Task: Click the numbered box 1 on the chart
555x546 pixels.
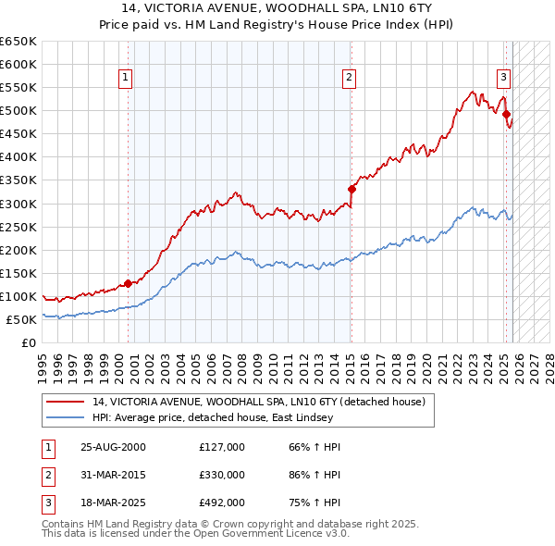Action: tap(125, 78)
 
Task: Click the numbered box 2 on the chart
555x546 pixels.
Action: tap(350, 78)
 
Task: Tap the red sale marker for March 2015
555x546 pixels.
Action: tap(351, 189)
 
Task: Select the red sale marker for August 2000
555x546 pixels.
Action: tap(129, 283)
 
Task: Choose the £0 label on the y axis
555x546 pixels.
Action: tap(28, 342)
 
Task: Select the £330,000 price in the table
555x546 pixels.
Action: tap(222, 474)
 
